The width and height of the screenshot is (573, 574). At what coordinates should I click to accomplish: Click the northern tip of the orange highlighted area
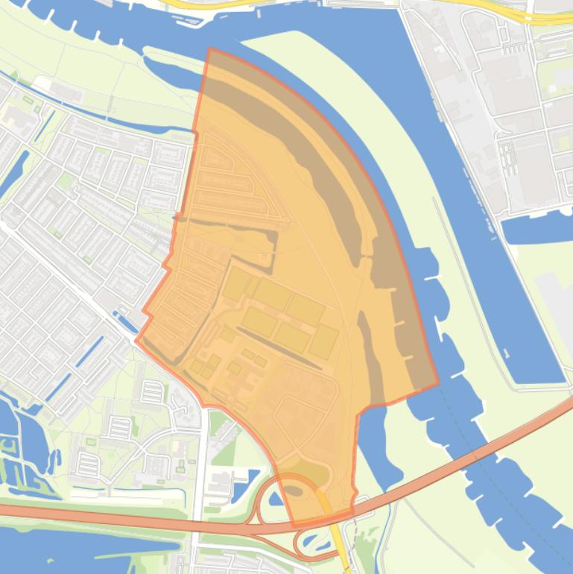tap(209, 49)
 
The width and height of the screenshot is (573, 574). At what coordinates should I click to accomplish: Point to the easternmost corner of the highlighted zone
tap(438, 386)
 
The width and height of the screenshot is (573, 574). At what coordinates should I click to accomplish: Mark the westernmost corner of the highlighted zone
tap(136, 340)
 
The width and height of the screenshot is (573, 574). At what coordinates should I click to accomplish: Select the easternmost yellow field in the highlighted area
tap(323, 341)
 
